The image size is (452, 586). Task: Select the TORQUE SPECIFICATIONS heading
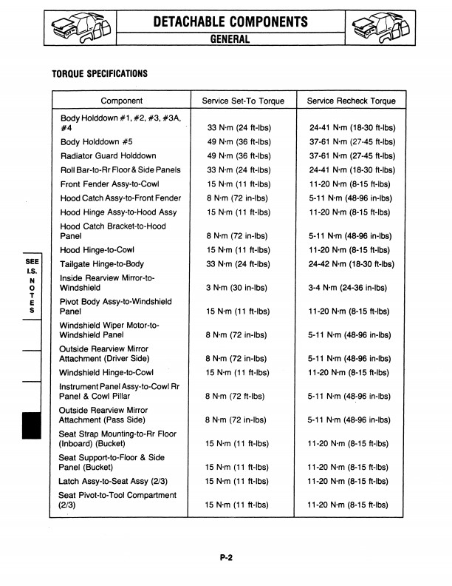(100, 74)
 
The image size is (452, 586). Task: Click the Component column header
(121, 101)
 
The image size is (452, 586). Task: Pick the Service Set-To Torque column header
(242, 101)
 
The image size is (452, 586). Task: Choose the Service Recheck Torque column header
(351, 101)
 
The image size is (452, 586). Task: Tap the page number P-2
(227, 560)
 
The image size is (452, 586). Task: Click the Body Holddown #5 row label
(97, 142)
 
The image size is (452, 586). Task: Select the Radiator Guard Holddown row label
(108, 156)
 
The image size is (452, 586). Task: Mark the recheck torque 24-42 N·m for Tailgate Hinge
(351, 264)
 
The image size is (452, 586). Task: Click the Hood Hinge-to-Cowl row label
(97, 250)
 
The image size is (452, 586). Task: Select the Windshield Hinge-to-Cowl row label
(106, 372)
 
